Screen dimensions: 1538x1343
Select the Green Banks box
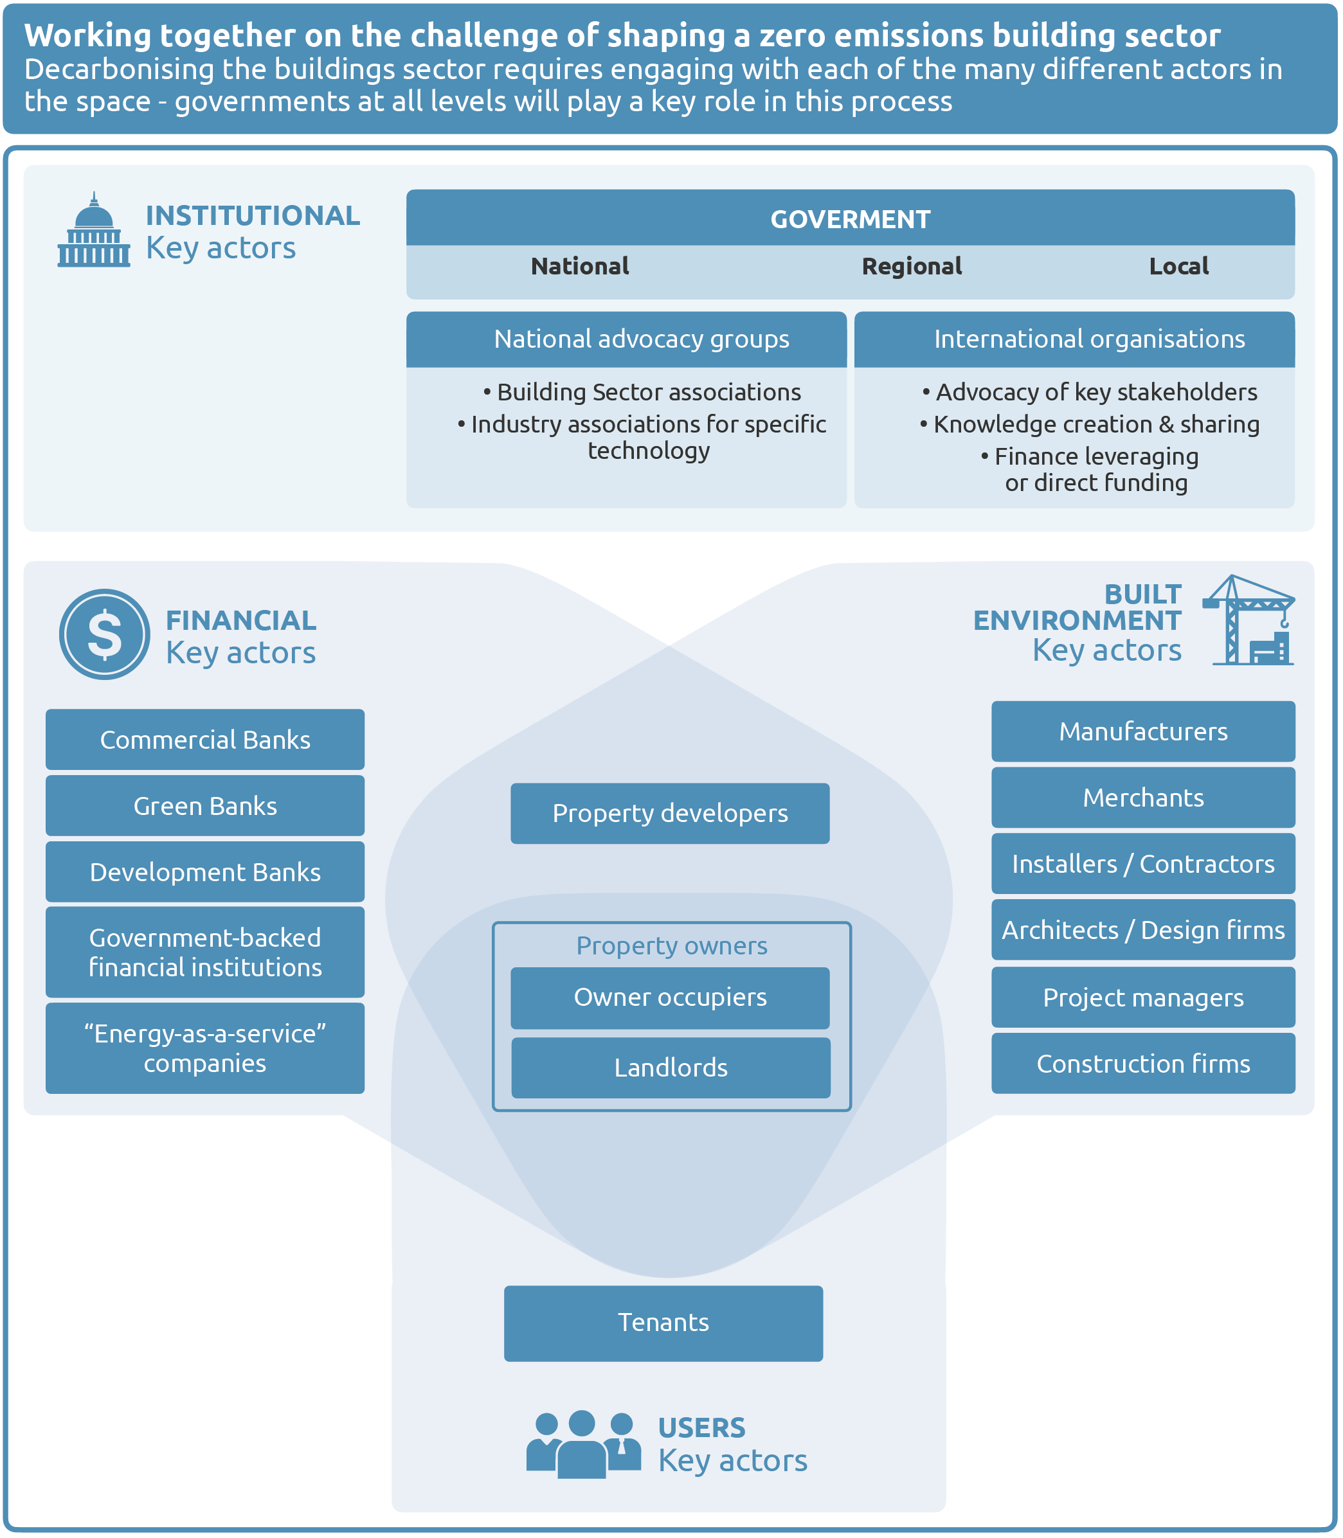click(204, 805)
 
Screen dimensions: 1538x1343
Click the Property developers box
click(670, 813)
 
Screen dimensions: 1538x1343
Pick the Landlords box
click(671, 1068)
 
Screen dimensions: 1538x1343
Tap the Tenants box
click(663, 1322)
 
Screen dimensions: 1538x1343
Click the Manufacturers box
click(1143, 731)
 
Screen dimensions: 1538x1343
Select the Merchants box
click(1143, 797)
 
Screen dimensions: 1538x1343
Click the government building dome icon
click(94, 231)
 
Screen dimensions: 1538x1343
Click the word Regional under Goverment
click(912, 266)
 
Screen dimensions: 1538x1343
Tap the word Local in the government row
click(1178, 266)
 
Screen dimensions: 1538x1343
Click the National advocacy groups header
click(641, 339)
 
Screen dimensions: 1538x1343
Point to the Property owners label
click(671, 945)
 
